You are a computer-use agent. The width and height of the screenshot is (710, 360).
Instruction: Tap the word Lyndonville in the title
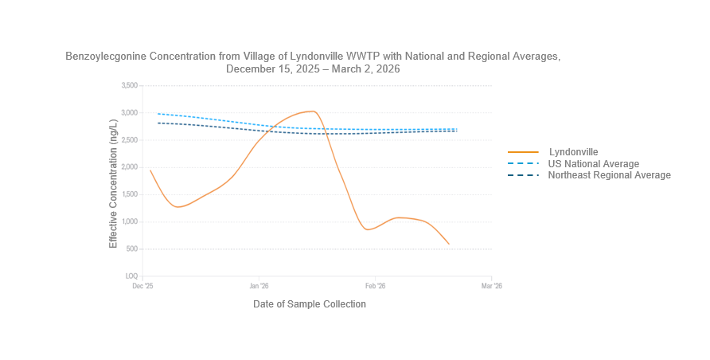[x=315, y=57]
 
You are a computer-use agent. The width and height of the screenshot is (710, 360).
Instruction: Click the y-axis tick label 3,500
[x=128, y=85]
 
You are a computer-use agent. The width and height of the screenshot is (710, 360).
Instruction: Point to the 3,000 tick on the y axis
[x=128, y=112]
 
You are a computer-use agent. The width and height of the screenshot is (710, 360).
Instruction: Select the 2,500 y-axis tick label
[x=128, y=140]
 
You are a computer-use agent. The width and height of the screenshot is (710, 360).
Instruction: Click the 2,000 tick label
[x=128, y=167]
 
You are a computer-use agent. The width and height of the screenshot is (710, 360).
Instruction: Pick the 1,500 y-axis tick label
[x=128, y=194]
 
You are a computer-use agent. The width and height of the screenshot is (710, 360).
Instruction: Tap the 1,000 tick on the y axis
[x=128, y=221]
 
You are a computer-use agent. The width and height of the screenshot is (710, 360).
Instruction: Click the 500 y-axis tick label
[x=131, y=248]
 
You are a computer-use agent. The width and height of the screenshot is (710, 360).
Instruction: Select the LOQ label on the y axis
[x=131, y=276]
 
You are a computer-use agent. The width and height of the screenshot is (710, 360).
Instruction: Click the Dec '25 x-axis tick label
[x=142, y=285]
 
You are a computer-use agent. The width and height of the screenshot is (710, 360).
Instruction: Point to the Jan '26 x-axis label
[x=259, y=285]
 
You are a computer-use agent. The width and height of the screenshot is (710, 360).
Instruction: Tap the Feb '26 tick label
[x=375, y=285]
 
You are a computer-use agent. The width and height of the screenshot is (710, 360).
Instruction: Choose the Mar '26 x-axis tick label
[x=492, y=285]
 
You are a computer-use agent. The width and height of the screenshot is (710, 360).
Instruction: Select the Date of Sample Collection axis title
[x=310, y=304]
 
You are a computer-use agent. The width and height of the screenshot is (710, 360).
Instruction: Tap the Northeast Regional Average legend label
[x=609, y=174]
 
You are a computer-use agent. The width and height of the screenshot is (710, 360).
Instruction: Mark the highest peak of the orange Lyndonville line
[x=314, y=111]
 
